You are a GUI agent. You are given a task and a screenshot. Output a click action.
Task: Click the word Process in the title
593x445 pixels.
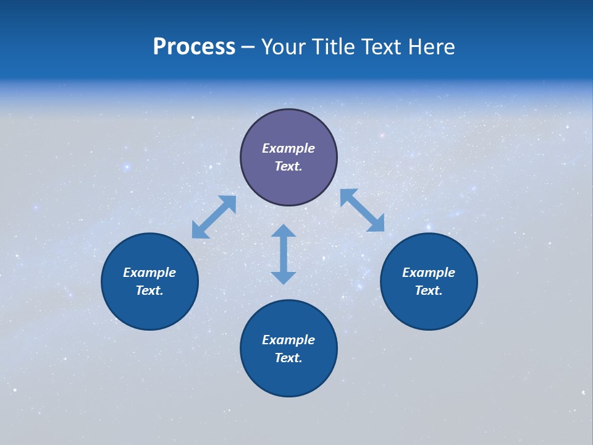pos(194,47)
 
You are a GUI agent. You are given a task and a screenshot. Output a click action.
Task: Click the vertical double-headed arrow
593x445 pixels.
pos(284,254)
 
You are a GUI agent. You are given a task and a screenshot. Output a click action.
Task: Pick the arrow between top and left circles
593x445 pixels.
pos(214,217)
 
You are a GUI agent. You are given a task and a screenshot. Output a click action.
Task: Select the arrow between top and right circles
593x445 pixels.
pos(363,211)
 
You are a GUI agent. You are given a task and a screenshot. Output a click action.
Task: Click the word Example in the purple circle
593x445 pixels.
pos(288,148)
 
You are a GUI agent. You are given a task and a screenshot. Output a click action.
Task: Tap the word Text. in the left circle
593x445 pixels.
pos(149,290)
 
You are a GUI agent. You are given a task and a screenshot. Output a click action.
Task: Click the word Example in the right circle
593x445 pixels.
pos(429,273)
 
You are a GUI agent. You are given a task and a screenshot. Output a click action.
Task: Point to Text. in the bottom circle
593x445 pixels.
pos(288,358)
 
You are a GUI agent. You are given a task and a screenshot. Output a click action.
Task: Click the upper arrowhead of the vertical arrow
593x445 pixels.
pos(284,231)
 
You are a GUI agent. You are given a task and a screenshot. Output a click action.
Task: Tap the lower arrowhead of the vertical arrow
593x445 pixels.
pos(284,278)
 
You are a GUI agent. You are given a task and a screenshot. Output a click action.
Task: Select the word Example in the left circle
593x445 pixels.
pos(149,273)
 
